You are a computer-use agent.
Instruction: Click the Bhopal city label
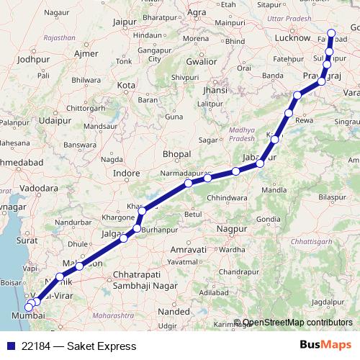click(x=176, y=154)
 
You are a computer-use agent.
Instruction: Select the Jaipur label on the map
click(x=125, y=22)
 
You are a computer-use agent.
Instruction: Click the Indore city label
click(x=127, y=174)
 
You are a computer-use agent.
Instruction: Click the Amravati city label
click(x=186, y=249)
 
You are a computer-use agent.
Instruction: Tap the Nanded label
click(x=174, y=312)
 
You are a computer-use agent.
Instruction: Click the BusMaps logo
click(x=326, y=345)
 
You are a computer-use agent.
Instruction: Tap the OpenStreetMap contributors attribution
click(x=297, y=323)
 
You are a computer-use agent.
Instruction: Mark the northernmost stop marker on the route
click(x=332, y=32)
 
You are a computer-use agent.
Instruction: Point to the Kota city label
click(x=127, y=85)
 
